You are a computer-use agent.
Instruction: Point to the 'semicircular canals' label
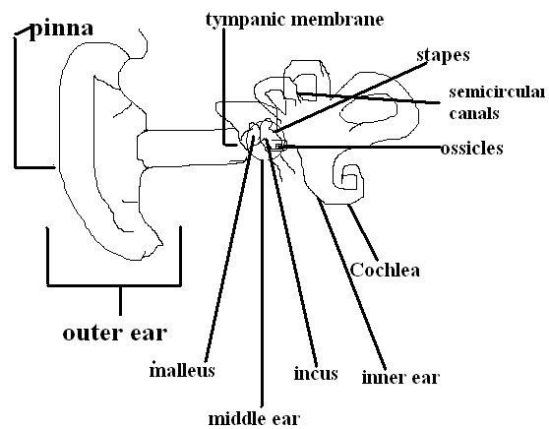point(496,102)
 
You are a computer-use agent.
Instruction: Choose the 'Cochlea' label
point(385,269)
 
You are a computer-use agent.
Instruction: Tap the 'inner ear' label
point(399,376)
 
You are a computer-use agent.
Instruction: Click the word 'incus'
point(316,374)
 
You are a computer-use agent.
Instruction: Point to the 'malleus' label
point(181,371)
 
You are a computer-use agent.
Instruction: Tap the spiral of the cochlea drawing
point(347,177)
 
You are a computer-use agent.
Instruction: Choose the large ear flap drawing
point(98,148)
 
